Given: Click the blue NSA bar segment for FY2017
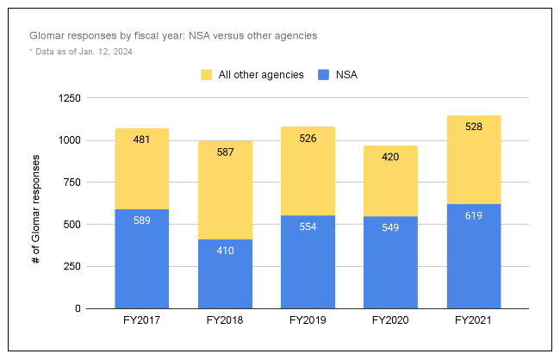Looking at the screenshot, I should tap(141, 258).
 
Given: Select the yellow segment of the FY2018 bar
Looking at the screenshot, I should tap(225, 189).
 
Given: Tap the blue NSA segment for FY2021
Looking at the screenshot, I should tap(474, 256).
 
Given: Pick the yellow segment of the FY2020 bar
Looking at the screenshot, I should tap(390, 181).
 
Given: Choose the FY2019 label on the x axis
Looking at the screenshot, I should tap(308, 320).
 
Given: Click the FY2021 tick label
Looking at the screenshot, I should tap(474, 320).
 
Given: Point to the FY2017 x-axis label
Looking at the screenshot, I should tap(141, 320).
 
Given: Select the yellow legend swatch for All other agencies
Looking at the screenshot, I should tap(207, 75).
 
